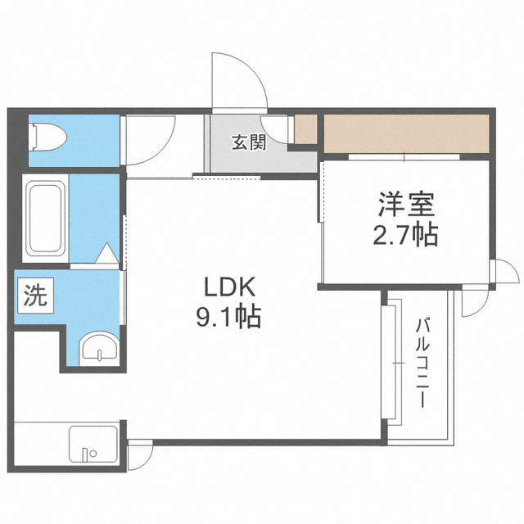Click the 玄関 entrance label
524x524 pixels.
tap(249, 142)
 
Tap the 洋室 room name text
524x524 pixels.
tap(406, 205)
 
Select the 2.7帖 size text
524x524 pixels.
tap(405, 234)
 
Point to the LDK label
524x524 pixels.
tap(229, 287)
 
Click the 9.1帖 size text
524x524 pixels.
tap(228, 317)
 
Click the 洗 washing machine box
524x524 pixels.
tap(35, 296)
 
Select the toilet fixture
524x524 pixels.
tap(48, 137)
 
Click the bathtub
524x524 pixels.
tap(46, 219)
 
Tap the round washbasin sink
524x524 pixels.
tap(100, 349)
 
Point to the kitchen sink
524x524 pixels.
tap(93, 444)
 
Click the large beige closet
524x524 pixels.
tap(406, 134)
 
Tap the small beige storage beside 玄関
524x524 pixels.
tap(305, 129)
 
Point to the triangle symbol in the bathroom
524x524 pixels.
tap(107, 253)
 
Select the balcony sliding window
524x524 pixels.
tap(391, 362)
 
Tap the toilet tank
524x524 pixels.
tap(33, 137)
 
